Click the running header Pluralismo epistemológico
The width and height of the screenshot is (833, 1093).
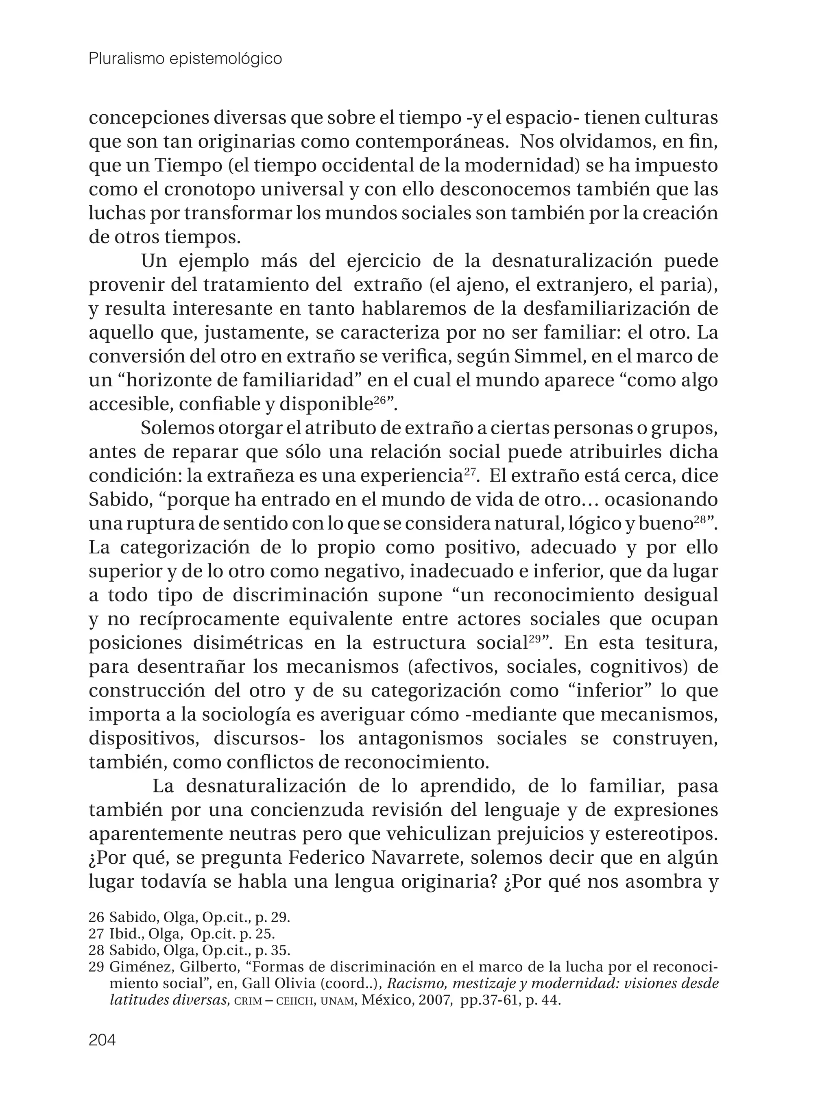(185, 59)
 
